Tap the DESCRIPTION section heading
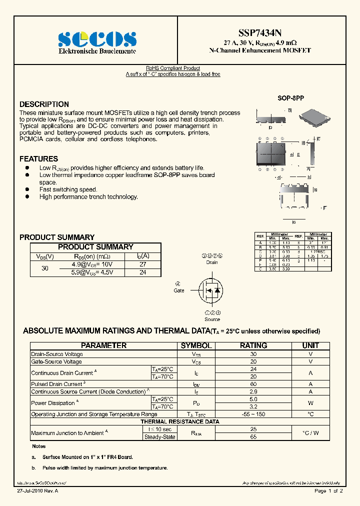(x=44, y=104)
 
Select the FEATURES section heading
(x=38, y=159)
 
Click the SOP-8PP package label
(x=290, y=98)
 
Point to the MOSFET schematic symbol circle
(x=210, y=290)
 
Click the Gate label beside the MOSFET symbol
(x=178, y=290)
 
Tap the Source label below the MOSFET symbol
(x=212, y=319)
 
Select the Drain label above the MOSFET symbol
(x=212, y=262)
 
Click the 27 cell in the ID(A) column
(x=142, y=264)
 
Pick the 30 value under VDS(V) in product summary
(x=45, y=268)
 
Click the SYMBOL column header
(x=196, y=345)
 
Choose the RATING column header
(x=253, y=345)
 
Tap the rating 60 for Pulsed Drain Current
(x=253, y=384)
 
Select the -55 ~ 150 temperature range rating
(x=253, y=414)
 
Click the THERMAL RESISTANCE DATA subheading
(x=179, y=421)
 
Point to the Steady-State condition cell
(x=159, y=437)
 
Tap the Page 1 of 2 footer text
(x=328, y=491)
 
